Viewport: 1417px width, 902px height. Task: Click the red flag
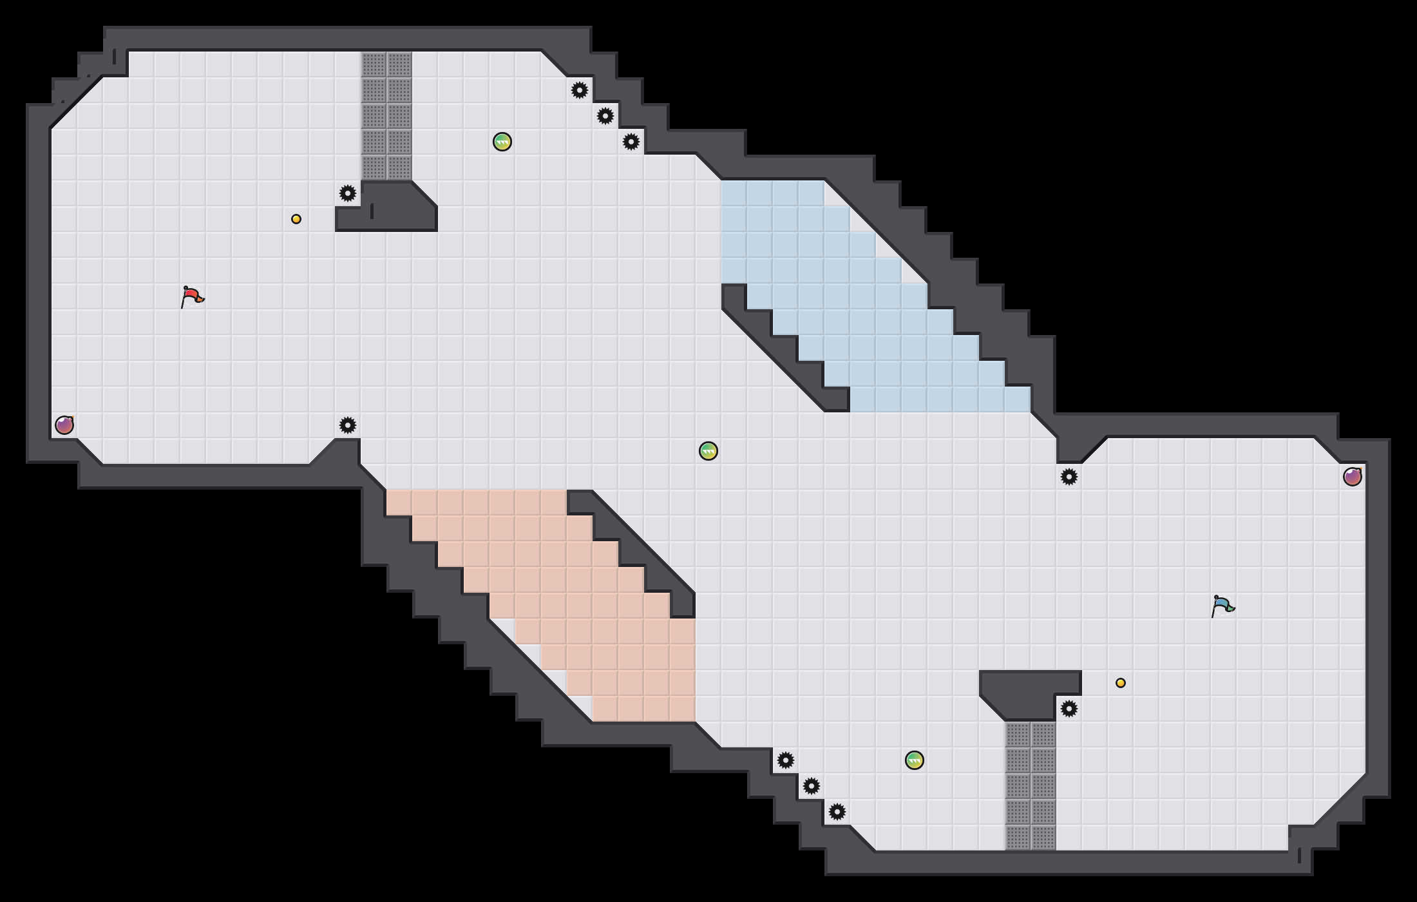[x=191, y=297]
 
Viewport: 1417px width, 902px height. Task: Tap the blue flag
[x=1222, y=606]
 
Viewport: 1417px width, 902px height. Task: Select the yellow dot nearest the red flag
[x=296, y=219]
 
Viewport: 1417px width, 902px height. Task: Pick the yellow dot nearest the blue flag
[x=1121, y=683]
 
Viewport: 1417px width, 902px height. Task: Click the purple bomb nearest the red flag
[x=64, y=425]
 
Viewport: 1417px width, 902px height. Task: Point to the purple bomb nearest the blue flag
[x=1353, y=477]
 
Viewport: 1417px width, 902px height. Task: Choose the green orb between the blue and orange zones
[x=708, y=451]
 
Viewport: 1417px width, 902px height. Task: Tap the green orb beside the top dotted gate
[x=502, y=142]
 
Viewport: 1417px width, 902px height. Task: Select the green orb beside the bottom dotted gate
[x=915, y=760]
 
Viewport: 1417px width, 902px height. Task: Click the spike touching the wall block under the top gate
[x=348, y=193]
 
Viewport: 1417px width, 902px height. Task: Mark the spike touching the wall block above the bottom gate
[x=1069, y=709]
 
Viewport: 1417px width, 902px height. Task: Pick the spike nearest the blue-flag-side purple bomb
[x=1069, y=477]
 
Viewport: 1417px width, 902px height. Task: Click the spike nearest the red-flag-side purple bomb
[x=348, y=425]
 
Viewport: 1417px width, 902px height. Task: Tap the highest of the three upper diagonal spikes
[x=580, y=90]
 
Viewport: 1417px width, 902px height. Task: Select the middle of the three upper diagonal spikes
[x=605, y=116]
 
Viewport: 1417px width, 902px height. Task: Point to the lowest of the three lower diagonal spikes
[x=837, y=812]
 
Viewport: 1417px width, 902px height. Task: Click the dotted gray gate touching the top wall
[x=386, y=116]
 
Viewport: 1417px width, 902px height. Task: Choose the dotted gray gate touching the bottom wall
[x=1031, y=786]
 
